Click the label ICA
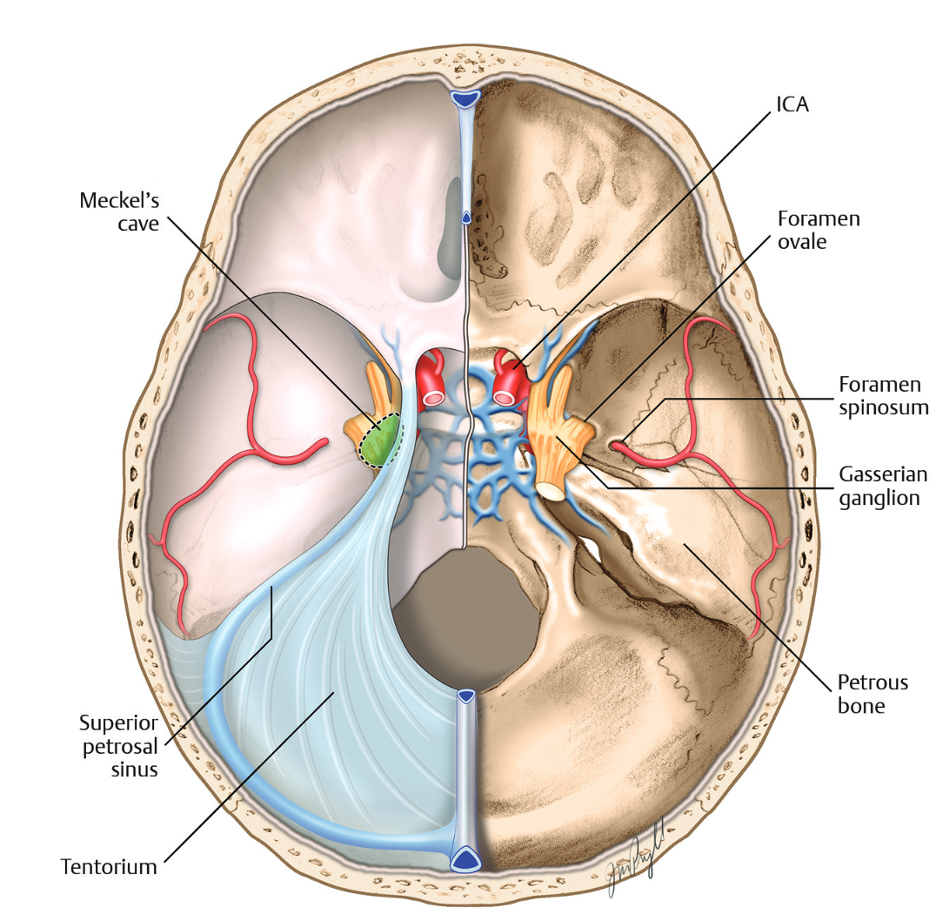coord(792,105)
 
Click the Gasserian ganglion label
coord(882,486)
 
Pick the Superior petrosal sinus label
coord(118,746)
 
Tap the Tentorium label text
coord(109,866)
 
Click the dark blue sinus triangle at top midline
coord(467,100)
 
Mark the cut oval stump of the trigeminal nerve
coord(550,491)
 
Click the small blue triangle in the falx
coord(467,217)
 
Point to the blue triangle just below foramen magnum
coord(467,696)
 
